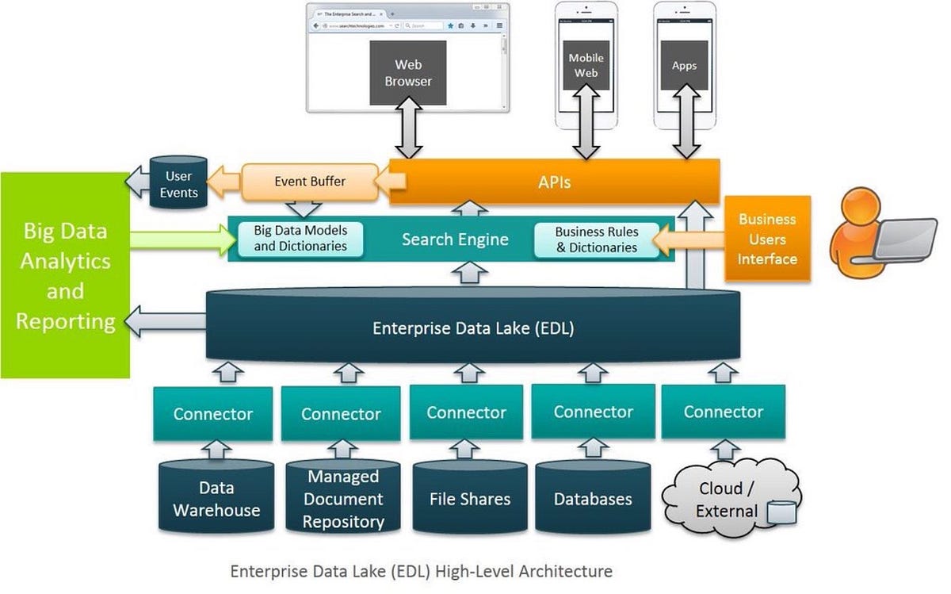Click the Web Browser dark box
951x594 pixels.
(408, 73)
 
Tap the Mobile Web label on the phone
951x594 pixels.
(586, 65)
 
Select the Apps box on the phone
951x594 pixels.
(684, 65)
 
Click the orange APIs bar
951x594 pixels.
(555, 182)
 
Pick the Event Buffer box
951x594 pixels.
(309, 181)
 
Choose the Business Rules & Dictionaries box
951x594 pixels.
(596, 240)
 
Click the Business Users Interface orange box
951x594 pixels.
(767, 239)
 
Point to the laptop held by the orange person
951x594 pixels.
(903, 240)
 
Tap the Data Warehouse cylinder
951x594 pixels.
(216, 499)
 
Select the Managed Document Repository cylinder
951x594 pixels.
(343, 499)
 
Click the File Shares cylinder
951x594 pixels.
(470, 499)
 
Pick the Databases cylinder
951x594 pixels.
(593, 499)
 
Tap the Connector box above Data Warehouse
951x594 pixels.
(213, 413)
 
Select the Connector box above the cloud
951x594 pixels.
(723, 412)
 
